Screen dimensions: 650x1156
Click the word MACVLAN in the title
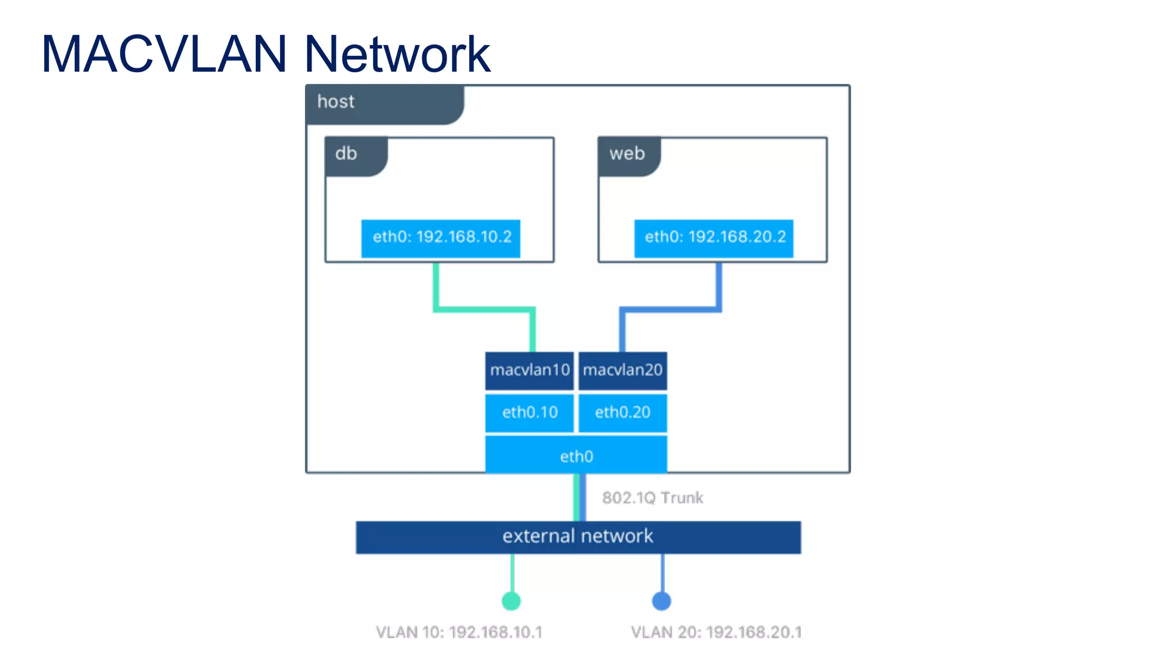click(x=164, y=54)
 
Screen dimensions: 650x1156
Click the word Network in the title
click(x=397, y=54)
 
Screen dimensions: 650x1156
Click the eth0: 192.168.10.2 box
click(x=440, y=238)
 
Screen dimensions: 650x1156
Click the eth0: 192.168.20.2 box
click(x=713, y=238)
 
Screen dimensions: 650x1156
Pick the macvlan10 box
click(x=529, y=371)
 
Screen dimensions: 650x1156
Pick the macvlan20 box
click(x=623, y=371)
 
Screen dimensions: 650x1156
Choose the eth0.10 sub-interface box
click(x=529, y=413)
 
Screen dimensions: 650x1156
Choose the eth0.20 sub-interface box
click(x=623, y=413)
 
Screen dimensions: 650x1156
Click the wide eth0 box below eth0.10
click(x=576, y=455)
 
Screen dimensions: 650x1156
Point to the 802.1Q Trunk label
click(x=653, y=498)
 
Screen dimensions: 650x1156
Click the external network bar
click(x=578, y=537)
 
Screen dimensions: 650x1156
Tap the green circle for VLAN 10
click(x=511, y=601)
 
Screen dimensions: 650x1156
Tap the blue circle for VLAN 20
click(x=662, y=601)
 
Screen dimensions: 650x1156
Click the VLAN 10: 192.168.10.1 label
click(x=459, y=632)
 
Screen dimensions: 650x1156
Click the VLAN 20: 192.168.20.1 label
click(x=716, y=632)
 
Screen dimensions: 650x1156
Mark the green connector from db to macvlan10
click(x=484, y=309)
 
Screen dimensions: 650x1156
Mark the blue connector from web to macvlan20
click(x=671, y=309)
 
